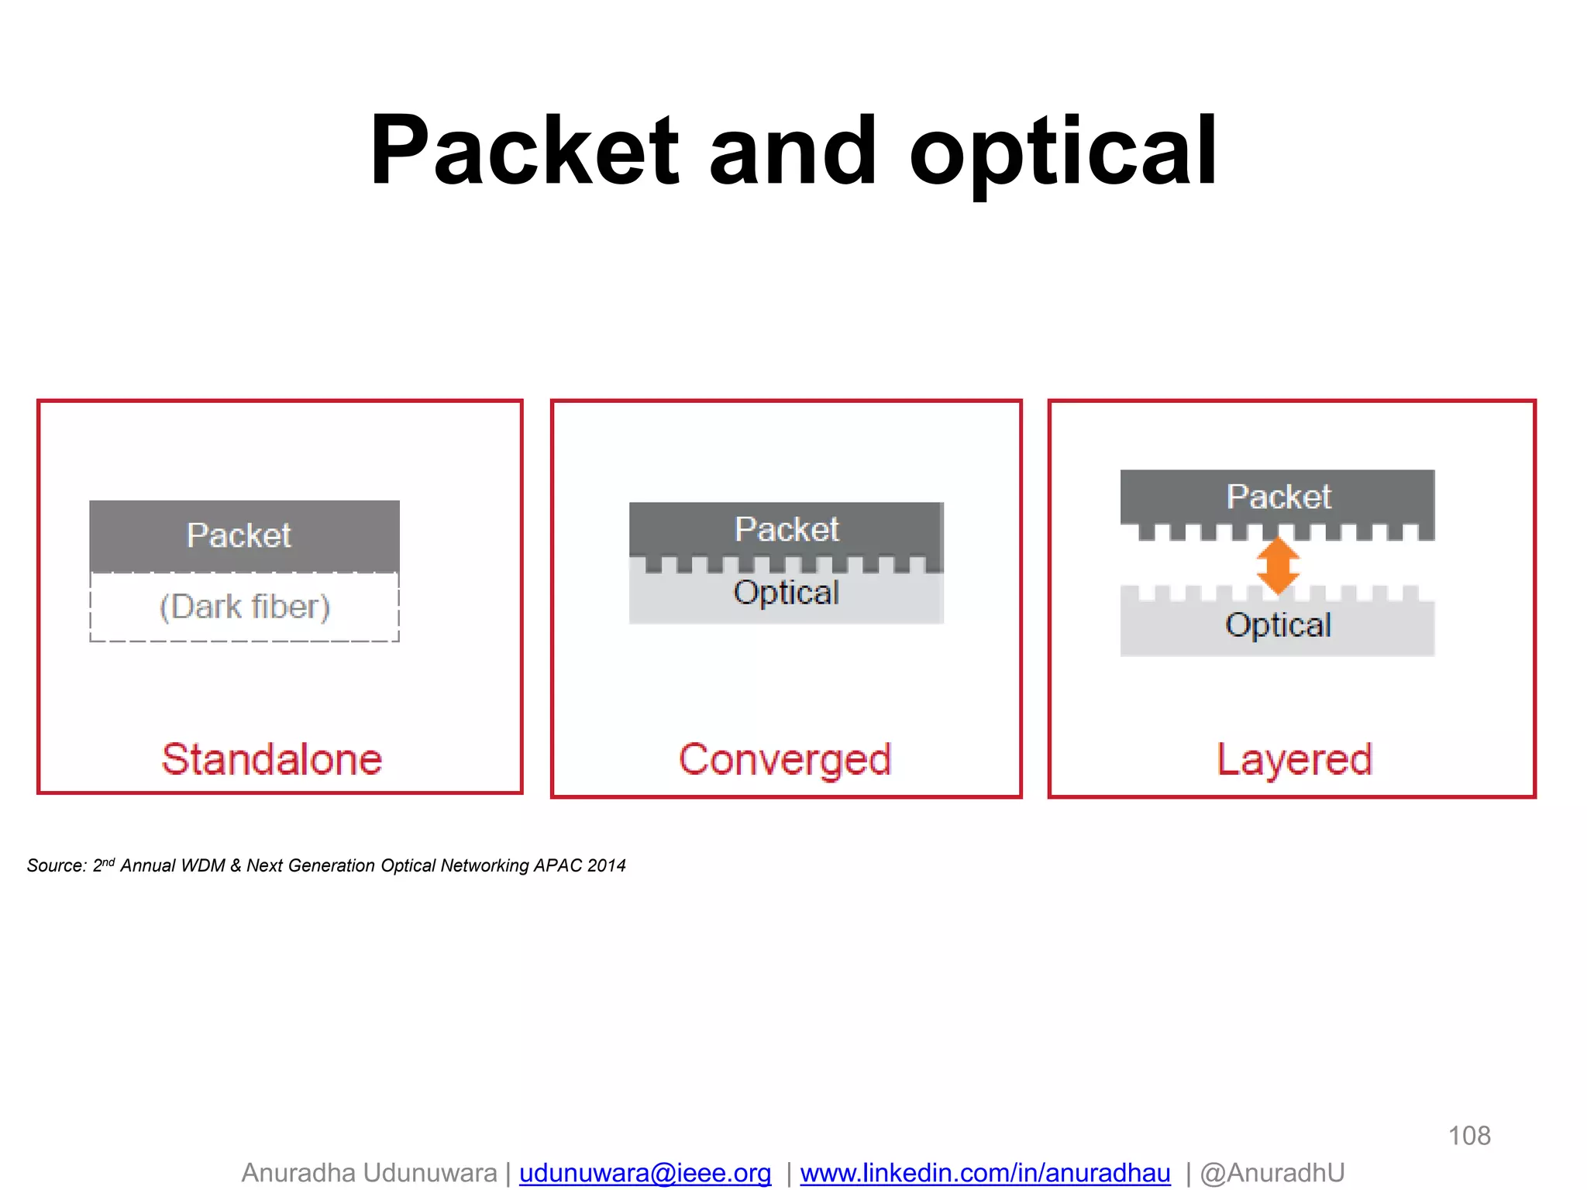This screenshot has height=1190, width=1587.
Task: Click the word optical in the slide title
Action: coord(1062,153)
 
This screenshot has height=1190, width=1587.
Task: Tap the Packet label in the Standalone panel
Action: coord(239,535)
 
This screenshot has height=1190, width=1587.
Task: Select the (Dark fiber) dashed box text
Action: coord(245,607)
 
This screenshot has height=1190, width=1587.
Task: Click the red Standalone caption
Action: coord(272,759)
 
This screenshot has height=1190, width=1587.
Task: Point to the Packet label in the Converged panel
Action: coord(787,530)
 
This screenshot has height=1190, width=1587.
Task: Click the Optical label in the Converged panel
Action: coord(786,593)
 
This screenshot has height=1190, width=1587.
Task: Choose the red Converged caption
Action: coord(785,760)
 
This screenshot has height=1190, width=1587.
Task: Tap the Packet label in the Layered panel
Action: coord(1279,497)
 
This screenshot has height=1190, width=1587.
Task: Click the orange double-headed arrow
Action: coord(1278,566)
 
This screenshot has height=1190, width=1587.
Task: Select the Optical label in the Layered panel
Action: coord(1278,625)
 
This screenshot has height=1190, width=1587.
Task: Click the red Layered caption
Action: coord(1294,760)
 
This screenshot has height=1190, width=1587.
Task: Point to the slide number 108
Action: coord(1469,1136)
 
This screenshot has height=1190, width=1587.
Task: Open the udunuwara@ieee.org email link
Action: coord(645,1173)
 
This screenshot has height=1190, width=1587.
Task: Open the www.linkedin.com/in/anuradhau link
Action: coord(985,1173)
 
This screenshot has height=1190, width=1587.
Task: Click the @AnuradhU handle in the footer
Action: coord(1272,1173)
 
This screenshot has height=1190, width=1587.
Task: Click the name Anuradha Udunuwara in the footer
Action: coord(369,1173)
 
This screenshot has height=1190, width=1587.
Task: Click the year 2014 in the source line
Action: coord(607,865)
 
